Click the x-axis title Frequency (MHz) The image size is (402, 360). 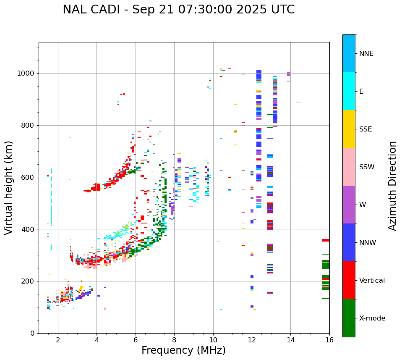183,350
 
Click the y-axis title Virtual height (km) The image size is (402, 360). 9,188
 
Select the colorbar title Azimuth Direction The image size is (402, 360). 392,186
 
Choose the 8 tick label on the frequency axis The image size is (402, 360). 174,340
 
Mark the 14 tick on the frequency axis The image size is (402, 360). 290,340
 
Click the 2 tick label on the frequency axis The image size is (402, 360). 58,340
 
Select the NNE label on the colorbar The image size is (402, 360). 366,54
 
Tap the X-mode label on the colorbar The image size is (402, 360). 372,318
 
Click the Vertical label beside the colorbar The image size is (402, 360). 372,281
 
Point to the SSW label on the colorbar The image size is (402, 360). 367,167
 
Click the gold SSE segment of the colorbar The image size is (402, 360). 349,129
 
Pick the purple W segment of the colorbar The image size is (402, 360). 349,205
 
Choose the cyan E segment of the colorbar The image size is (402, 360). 349,91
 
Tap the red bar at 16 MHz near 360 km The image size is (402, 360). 326,240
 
